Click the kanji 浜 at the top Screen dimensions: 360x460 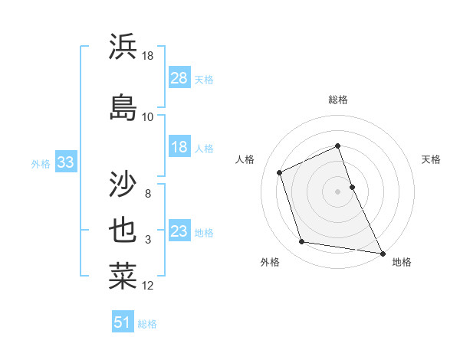[x=123, y=47]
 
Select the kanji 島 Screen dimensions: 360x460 [x=123, y=107]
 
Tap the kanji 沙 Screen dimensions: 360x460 [x=123, y=184]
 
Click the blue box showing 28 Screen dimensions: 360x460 [x=179, y=78]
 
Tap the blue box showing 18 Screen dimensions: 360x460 [x=179, y=147]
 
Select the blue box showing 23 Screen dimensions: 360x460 [x=179, y=231]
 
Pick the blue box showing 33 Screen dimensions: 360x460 [x=65, y=162]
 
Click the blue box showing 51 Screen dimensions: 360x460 [x=122, y=322]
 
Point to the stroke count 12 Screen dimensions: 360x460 [x=148, y=286]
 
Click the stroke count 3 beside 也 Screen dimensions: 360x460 [x=148, y=240]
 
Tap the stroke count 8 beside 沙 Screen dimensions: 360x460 [x=148, y=194]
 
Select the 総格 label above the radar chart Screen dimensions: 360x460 [x=338, y=100]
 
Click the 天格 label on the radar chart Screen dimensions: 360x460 [x=431, y=159]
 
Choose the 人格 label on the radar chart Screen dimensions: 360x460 [x=245, y=159]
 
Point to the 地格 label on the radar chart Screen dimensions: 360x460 [x=402, y=262]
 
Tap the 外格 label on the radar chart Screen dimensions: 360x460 [x=270, y=262]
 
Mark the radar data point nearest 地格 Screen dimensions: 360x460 [x=383, y=252]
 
